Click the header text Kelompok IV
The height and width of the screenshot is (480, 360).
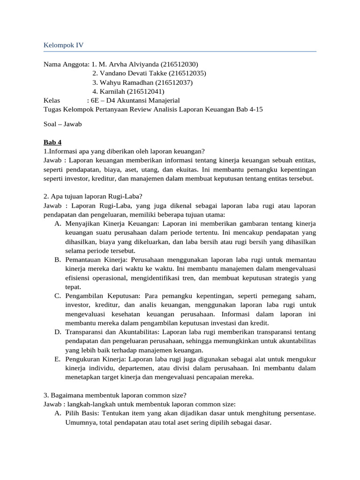[x=64, y=45]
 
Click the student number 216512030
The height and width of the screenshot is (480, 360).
[x=180, y=64]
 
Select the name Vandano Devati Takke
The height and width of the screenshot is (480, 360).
[x=133, y=73]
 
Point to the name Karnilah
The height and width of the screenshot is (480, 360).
[x=113, y=91]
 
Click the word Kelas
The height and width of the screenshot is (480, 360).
[x=52, y=100]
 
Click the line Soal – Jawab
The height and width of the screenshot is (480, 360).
[x=62, y=124]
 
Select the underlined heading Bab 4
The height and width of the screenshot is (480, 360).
[x=52, y=142]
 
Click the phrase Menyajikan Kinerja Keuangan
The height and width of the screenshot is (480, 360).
[x=106, y=224]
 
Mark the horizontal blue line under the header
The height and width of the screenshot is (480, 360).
[x=180, y=51]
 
